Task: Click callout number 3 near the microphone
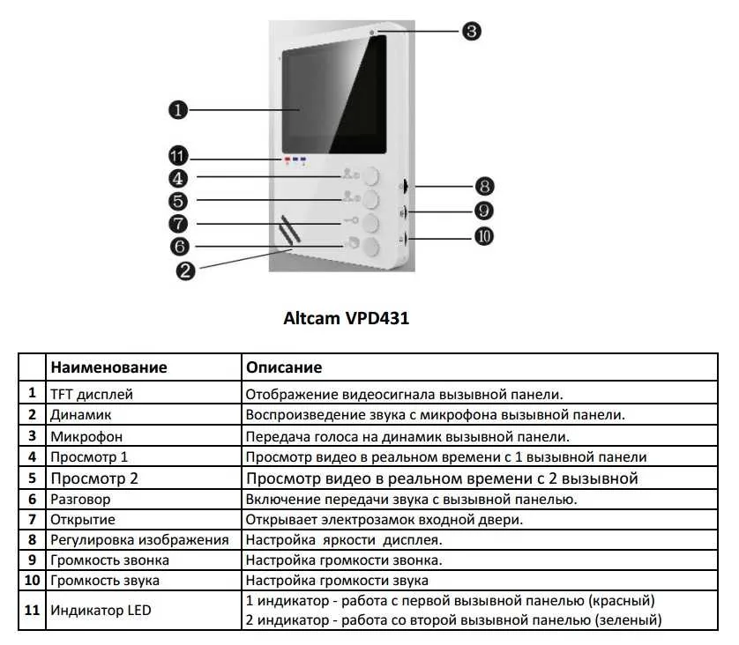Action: (471, 32)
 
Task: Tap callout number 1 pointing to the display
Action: (178, 110)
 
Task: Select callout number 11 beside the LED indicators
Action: (178, 156)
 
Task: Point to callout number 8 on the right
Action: (484, 187)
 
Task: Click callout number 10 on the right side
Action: (483, 236)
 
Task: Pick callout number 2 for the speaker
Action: (185, 271)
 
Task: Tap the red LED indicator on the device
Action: (287, 160)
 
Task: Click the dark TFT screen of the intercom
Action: (334, 95)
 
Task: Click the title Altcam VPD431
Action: (346, 318)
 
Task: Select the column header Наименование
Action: (108, 367)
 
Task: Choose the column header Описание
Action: (284, 367)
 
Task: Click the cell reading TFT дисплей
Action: (92, 394)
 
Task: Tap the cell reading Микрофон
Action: (86, 436)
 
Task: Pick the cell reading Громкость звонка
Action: (109, 560)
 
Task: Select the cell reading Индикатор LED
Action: (101, 610)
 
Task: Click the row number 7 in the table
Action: (32, 519)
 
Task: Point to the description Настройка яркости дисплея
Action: (344, 540)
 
